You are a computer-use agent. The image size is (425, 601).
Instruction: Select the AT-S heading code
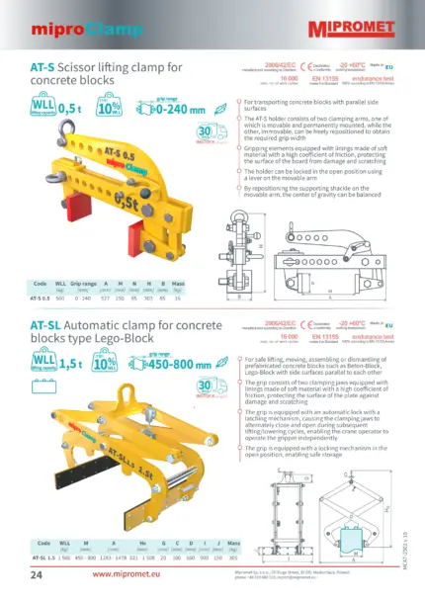coord(43,68)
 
